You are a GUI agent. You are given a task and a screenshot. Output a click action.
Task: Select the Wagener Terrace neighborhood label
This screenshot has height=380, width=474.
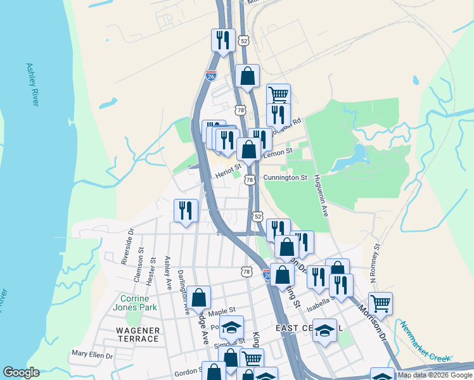(138, 334)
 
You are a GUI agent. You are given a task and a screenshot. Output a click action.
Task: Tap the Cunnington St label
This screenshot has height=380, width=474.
(285, 178)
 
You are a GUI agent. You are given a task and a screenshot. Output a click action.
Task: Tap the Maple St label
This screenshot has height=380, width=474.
(222, 312)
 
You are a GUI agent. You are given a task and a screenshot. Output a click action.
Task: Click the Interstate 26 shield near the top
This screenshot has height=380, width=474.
(211, 75)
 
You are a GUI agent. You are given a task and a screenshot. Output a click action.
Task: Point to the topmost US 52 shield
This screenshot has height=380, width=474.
(244, 41)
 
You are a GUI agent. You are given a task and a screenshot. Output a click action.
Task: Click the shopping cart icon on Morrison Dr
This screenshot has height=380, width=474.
(380, 303)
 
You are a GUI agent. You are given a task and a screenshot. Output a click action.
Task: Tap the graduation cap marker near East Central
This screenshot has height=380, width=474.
(325, 330)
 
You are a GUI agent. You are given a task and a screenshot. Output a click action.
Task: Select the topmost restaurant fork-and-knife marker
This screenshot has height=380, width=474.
(223, 40)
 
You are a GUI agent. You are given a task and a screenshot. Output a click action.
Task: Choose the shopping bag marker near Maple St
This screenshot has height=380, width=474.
(199, 297)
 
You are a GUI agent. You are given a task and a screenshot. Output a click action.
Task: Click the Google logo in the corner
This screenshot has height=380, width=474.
(21, 372)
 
